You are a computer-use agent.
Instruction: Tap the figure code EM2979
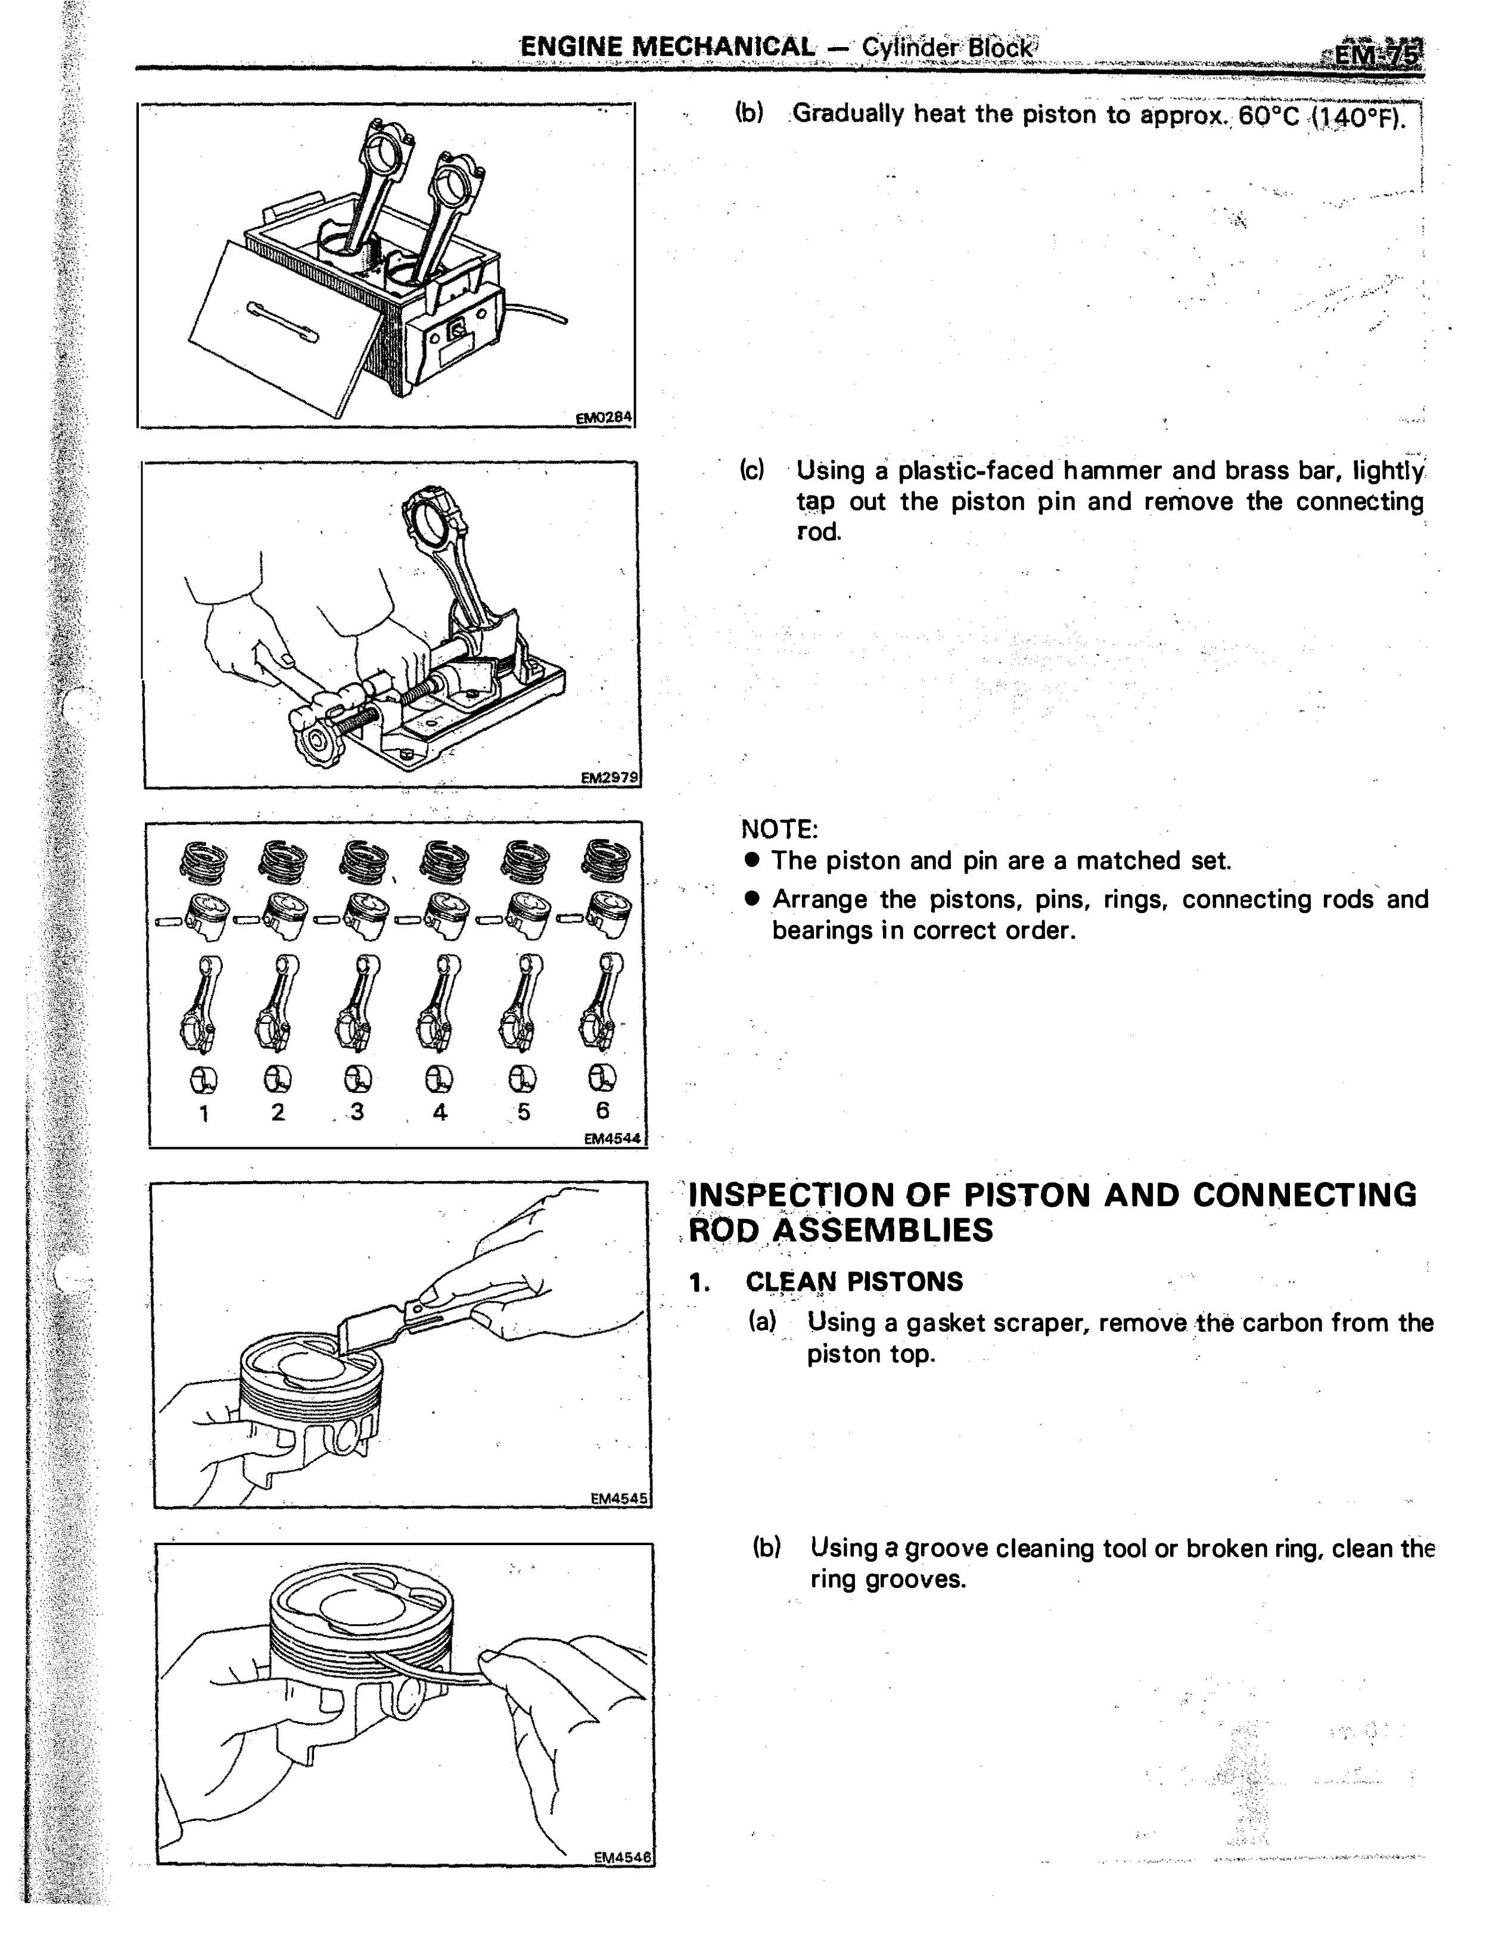(x=610, y=777)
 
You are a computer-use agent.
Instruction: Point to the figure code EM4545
(x=620, y=1499)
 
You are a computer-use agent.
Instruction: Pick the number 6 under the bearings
(x=603, y=1110)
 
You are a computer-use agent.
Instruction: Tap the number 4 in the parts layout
(x=440, y=1112)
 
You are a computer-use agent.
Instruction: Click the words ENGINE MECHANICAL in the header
(x=667, y=46)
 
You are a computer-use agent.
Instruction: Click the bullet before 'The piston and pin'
(x=752, y=860)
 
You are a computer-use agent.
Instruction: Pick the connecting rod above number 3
(x=356, y=1003)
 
